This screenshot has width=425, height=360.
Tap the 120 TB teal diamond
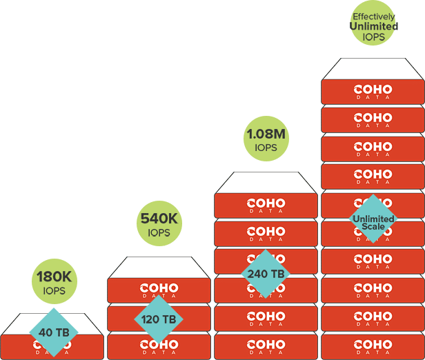(159, 319)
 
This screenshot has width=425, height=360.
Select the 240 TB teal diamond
(266, 274)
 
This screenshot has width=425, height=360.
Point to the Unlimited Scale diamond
(373, 219)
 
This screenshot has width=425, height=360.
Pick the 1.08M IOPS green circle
(266, 139)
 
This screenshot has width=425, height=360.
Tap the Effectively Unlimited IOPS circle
(373, 25)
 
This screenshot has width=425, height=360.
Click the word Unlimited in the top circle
(373, 26)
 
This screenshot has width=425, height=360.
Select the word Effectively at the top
(373, 16)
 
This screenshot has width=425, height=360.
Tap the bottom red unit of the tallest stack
(373, 346)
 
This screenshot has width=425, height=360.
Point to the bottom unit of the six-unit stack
(266, 346)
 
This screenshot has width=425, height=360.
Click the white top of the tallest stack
(373, 69)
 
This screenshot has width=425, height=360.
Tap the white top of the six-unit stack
(266, 183)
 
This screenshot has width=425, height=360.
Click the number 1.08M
(266, 133)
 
